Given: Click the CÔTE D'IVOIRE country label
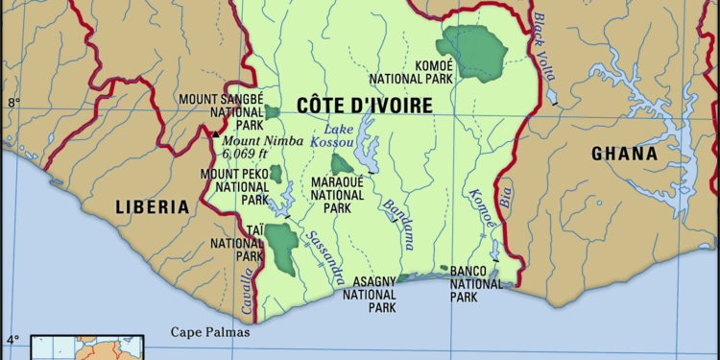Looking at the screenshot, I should [364, 106].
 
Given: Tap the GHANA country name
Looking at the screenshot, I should [624, 154].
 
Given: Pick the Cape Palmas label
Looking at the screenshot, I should [209, 333].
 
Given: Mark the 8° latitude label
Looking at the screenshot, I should [12, 101].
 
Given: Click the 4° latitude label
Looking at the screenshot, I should [12, 339].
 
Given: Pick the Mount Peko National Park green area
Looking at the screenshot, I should [276, 174].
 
